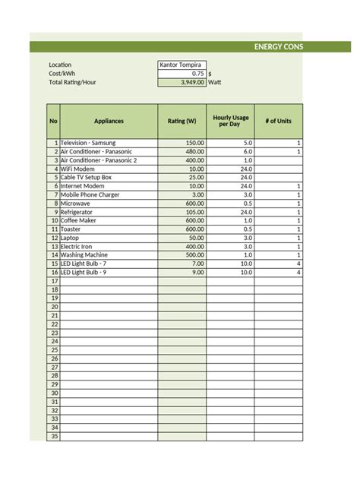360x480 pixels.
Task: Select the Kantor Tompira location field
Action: coord(181,65)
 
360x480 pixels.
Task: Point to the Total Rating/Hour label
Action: coord(72,82)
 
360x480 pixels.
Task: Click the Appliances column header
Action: coord(109,121)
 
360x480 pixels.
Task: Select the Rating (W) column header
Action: coord(182,121)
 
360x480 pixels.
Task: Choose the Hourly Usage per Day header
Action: coord(229,121)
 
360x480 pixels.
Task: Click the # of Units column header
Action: coord(278,121)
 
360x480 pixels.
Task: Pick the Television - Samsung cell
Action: coord(89,143)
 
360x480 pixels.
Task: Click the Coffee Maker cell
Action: coord(80,220)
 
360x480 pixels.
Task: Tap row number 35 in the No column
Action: coord(54,436)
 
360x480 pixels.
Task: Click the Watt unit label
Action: coord(215,82)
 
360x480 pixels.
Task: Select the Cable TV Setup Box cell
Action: coord(86,177)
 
